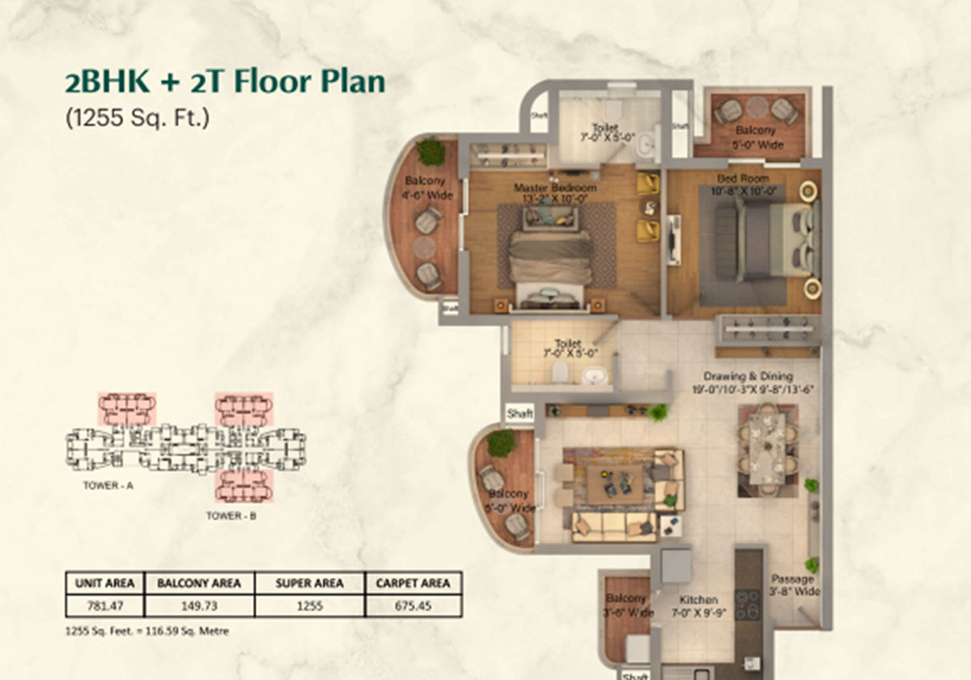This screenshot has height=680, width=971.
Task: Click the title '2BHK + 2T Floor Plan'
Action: (225, 83)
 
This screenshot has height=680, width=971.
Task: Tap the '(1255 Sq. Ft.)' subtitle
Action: (137, 118)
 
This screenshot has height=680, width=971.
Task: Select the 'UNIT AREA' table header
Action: (105, 583)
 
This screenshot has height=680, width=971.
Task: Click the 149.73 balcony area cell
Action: (199, 606)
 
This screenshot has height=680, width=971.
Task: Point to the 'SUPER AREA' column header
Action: (309, 583)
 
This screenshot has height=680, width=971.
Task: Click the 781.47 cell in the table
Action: (105, 606)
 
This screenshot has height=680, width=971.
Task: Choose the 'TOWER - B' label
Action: (231, 515)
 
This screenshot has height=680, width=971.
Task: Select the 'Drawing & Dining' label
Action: (748, 376)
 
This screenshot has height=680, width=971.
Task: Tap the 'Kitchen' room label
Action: (698, 600)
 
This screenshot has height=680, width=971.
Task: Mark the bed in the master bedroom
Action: (549, 257)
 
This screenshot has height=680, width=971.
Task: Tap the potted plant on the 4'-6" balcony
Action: (430, 151)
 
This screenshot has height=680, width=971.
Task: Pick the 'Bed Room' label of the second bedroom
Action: (743, 178)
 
